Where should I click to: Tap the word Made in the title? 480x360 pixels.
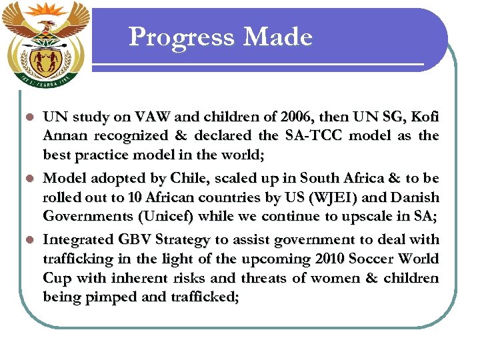(278, 37)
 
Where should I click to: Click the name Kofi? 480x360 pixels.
(424, 117)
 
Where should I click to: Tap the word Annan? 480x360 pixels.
(65, 135)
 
